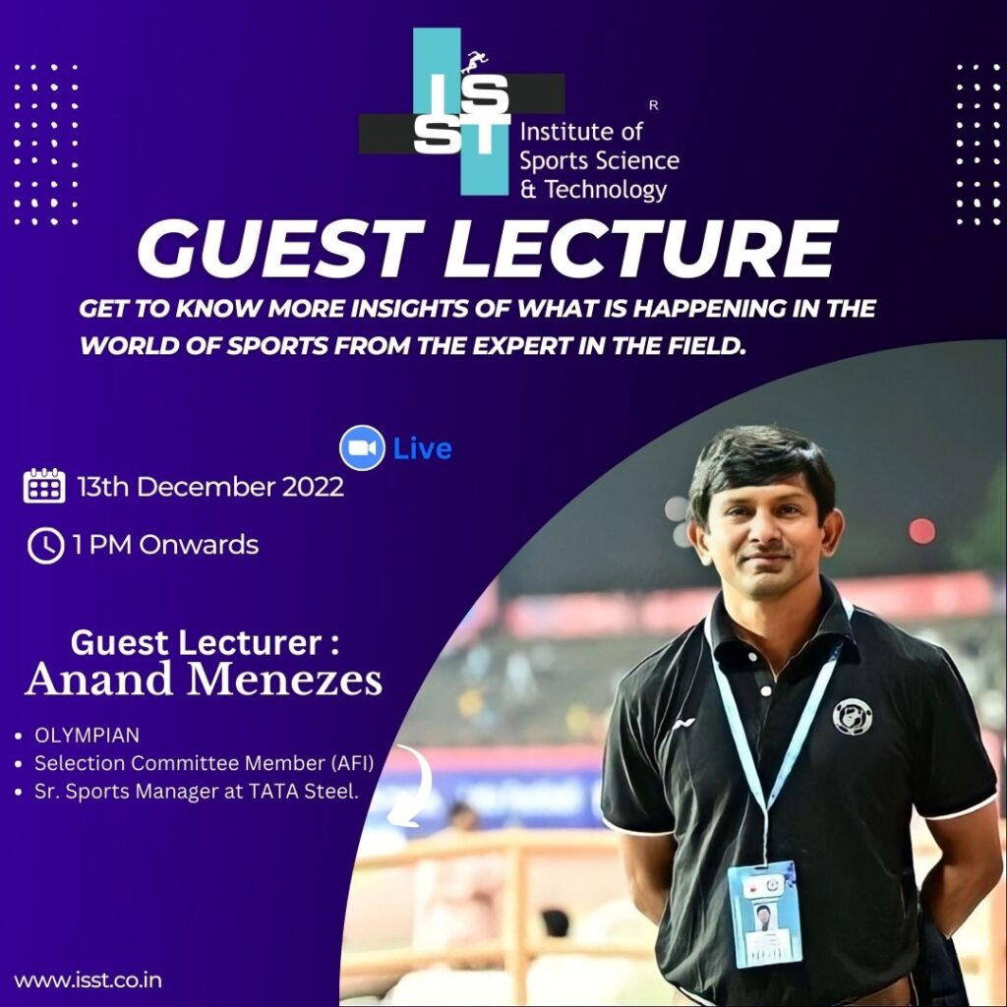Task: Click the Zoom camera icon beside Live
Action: pos(362,447)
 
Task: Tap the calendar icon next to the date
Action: pos(44,486)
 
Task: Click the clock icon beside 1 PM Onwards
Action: pos(45,546)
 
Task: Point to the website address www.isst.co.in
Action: pos(88,980)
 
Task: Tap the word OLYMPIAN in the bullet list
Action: pos(87,735)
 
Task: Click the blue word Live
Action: pos(422,448)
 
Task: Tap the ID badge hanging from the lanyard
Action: pos(764,914)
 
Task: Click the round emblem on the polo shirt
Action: pos(852,717)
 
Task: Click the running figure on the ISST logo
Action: pos(475,62)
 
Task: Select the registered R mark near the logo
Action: pos(654,106)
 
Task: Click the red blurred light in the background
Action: pos(921,531)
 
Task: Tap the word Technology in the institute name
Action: pos(606,190)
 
